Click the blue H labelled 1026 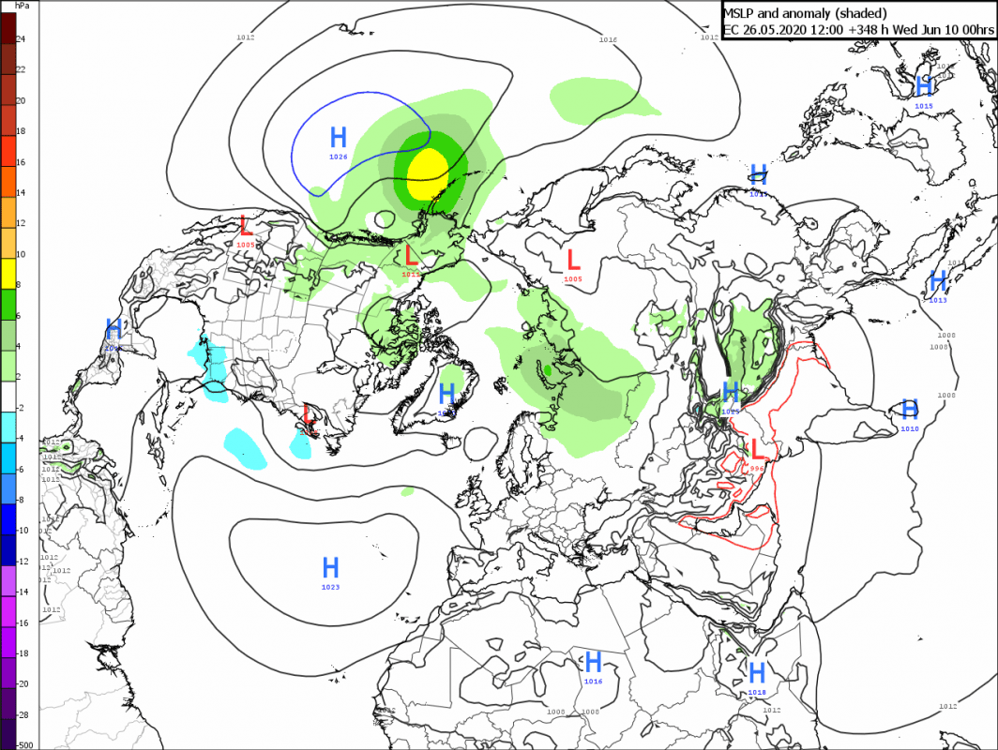[339, 137]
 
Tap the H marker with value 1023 [330, 567]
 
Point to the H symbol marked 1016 [593, 662]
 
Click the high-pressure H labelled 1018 [757, 672]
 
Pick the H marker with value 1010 [909, 409]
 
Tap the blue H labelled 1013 [937, 280]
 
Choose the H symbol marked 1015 [924, 86]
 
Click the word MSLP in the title [742, 13]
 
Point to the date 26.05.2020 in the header [777, 30]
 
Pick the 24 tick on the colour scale [20, 38]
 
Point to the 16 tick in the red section [20, 161]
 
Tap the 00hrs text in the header [971, 30]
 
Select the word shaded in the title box [869, 13]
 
